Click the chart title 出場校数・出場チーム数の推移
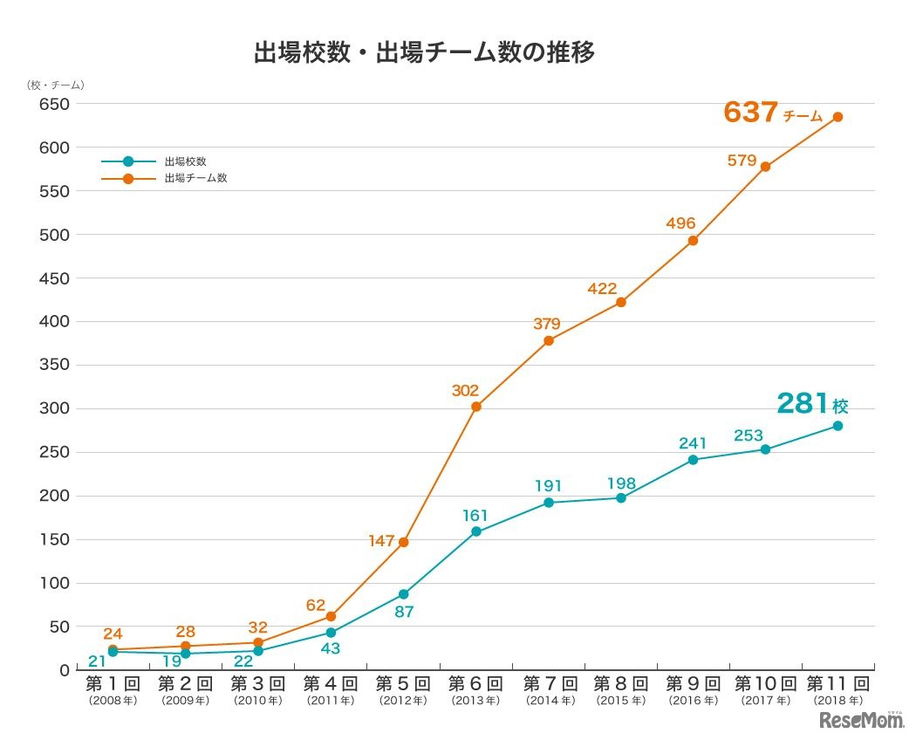tap(424, 53)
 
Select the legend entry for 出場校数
tap(185, 161)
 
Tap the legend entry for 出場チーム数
tap(195, 178)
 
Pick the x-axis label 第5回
tap(403, 683)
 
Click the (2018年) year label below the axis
tap(837, 701)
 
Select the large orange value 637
tap(750, 113)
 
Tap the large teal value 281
tap(802, 403)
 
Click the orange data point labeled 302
tap(475, 407)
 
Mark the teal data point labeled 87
tap(403, 594)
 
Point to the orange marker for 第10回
tap(765, 167)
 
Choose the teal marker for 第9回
tap(693, 460)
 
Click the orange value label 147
tap(382, 541)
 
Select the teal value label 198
tap(620, 483)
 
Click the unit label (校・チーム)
tap(55, 85)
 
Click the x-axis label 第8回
tap(620, 683)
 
